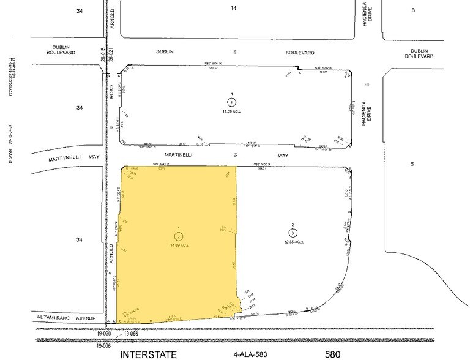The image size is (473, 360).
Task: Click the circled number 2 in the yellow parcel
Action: point(178,236)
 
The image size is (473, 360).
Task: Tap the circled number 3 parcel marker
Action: point(293,232)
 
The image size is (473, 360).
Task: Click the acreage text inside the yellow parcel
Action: point(178,245)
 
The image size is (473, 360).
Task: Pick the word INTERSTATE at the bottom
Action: point(149,354)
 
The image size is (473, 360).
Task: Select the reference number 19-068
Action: point(132,334)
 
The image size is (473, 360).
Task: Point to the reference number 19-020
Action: point(104,334)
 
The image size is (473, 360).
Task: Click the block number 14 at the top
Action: point(233,7)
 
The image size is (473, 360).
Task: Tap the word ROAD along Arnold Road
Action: point(111,91)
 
